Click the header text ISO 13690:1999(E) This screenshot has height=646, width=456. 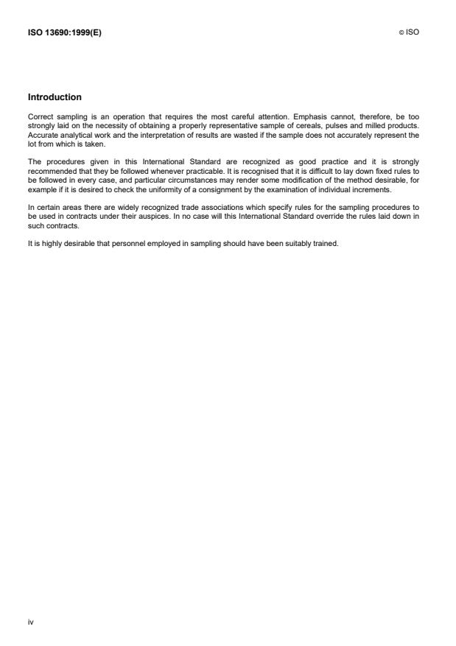[64, 33]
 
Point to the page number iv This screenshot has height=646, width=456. [30, 622]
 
